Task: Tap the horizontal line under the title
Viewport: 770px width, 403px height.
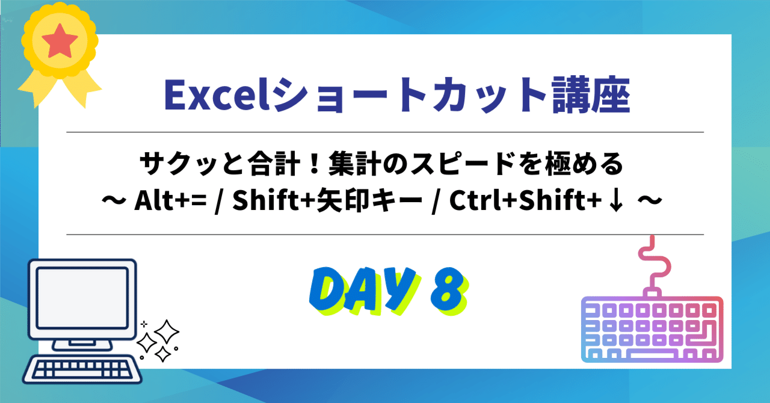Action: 384,132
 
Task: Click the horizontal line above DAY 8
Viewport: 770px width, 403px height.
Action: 384,235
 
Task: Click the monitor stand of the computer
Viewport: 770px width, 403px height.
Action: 82,343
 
